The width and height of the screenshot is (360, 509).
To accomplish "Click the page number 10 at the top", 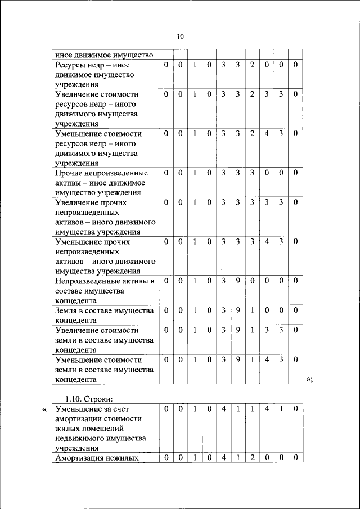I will tap(180, 37).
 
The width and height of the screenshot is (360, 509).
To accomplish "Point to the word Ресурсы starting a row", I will tap(70, 65).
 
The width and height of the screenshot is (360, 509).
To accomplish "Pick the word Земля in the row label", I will tap(66, 310).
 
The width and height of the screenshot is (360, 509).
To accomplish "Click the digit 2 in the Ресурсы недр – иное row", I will tap(252, 65).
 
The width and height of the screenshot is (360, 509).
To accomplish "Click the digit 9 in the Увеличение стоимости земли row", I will tap(238, 330).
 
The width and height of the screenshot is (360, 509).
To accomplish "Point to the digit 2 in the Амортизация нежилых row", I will tap(252, 458).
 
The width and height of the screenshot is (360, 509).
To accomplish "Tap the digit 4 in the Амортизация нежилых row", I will tap(223, 458).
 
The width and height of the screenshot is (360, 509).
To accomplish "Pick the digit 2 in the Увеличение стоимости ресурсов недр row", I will tap(252, 94).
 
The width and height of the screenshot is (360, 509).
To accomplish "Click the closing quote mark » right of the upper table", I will tap(309, 380).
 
